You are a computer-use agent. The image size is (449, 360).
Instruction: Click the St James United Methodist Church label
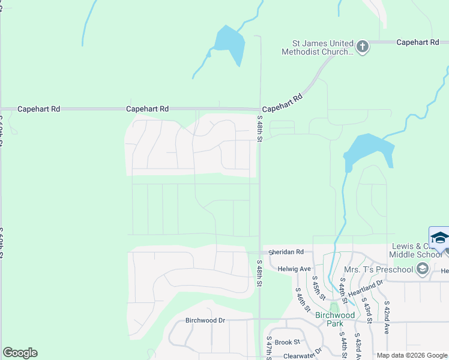318,47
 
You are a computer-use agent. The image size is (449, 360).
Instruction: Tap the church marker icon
362,47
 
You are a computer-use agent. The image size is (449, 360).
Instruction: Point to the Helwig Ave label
294,269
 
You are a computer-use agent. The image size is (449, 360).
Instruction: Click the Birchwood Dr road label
205,320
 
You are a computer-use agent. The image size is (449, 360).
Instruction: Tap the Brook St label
287,342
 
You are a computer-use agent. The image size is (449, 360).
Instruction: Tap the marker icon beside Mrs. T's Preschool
422,269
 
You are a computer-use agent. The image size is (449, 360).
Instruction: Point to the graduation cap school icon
439,238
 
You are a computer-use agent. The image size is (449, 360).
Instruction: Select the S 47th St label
268,349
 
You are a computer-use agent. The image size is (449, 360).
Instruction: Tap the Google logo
20,353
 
